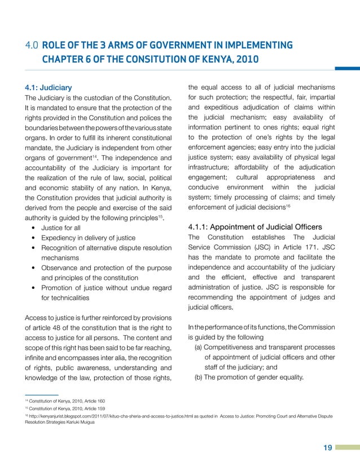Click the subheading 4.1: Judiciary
tap(47, 87)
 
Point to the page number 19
tap(327, 449)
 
